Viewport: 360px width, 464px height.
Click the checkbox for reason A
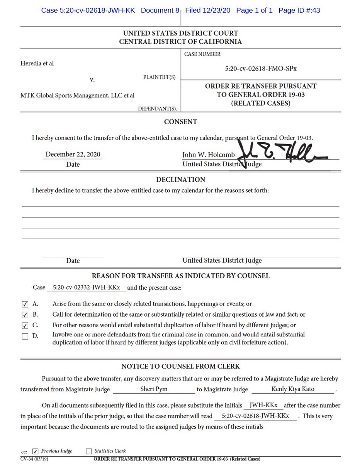coord(25,304)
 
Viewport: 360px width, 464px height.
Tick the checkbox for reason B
coord(25,315)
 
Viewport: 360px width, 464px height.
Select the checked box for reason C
coord(25,326)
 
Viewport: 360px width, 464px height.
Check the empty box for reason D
coord(25,336)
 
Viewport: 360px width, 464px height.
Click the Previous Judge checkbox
coord(36,451)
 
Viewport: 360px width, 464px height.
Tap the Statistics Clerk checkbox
coord(89,451)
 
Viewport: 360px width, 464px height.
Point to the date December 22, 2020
coord(73,154)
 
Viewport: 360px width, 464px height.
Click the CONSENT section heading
coord(180,122)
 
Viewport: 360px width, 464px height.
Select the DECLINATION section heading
coord(180,179)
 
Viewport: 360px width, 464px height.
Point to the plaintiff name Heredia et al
coord(37,63)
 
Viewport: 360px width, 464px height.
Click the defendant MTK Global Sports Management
coord(77,95)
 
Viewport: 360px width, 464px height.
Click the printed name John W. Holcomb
coord(208,155)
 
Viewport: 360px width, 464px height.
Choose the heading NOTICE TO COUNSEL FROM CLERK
coord(180,366)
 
